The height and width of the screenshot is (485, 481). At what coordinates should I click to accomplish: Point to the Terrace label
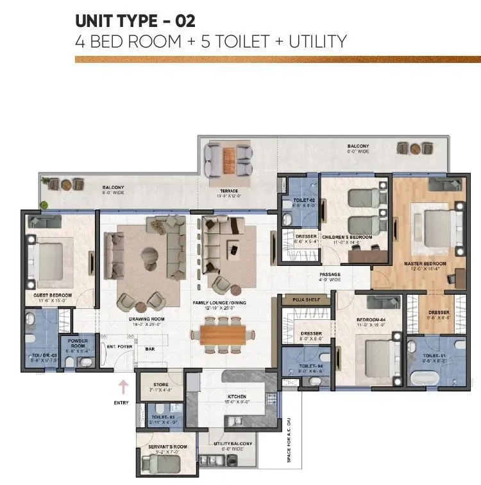coord(228,191)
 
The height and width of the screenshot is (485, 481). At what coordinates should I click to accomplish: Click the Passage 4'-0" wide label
coord(330,277)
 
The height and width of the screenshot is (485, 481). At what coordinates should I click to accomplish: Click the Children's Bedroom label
coord(347,237)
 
